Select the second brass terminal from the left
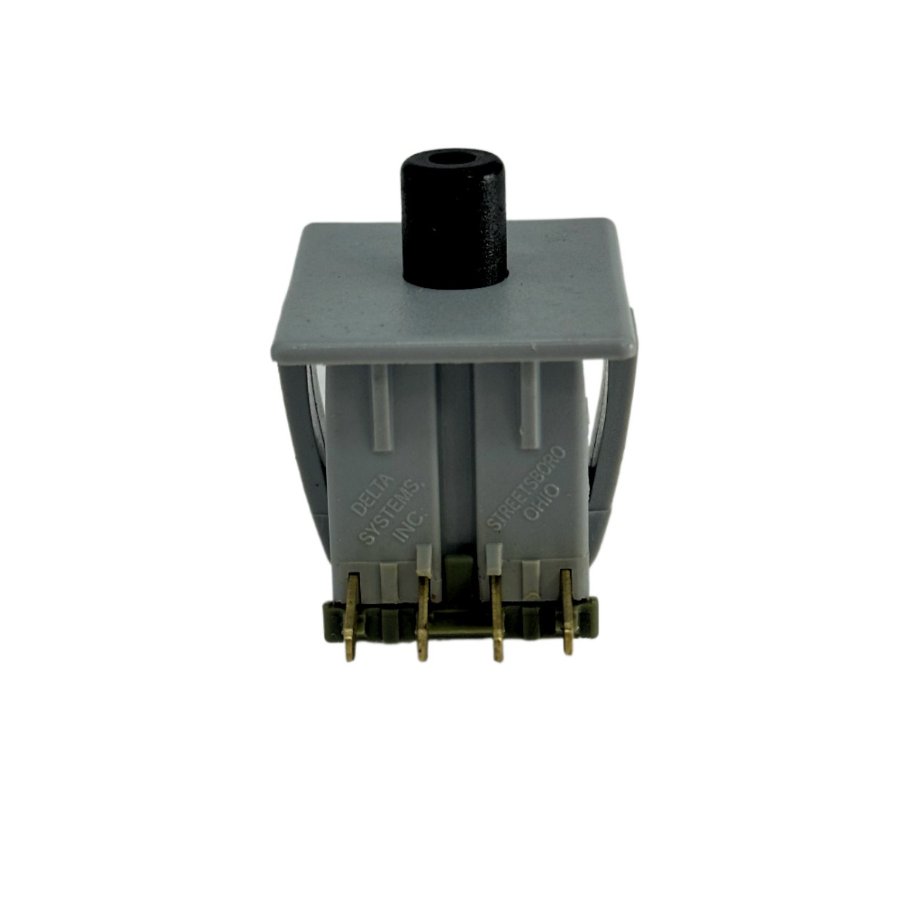coord(423,616)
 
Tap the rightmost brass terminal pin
coord(567,613)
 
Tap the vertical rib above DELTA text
coord(382,407)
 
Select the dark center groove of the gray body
coord(454,464)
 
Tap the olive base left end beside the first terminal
coord(332,617)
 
